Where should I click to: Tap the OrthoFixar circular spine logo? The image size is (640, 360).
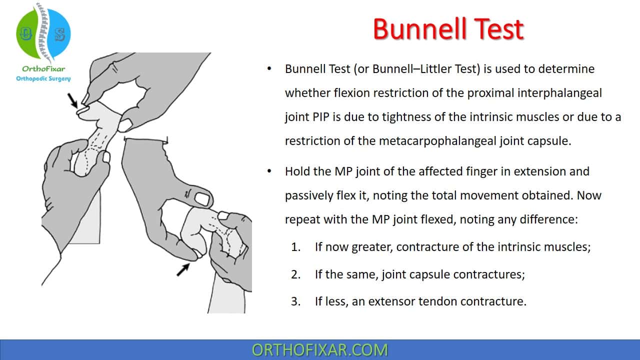tap(43, 33)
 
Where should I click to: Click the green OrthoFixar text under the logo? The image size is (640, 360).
tap(43, 69)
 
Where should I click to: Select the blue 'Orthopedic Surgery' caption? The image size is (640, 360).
tap(43, 78)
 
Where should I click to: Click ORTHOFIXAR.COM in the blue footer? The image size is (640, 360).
tap(319, 350)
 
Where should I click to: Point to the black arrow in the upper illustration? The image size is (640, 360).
tap(72, 100)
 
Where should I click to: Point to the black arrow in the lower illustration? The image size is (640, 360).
tap(183, 269)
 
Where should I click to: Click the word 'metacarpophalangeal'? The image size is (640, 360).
tap(437, 141)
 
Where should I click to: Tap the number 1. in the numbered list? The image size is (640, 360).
tap(295, 247)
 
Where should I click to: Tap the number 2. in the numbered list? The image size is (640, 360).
tap(295, 274)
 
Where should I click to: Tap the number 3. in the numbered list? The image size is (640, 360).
tap(295, 301)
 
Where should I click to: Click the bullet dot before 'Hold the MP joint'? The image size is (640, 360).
tap(269, 171)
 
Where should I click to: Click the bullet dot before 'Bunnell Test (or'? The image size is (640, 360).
tap(269, 68)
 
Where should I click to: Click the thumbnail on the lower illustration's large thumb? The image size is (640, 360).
tap(202, 198)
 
